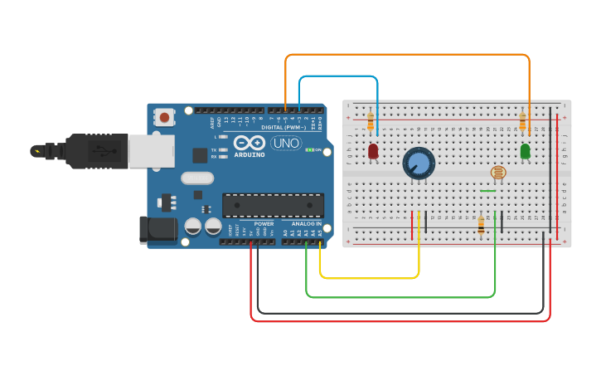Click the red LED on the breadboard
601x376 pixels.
[373, 151]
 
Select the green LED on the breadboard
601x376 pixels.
[525, 151]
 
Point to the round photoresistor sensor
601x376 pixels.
[497, 173]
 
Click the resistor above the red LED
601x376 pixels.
[370, 123]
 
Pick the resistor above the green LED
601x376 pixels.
[522, 123]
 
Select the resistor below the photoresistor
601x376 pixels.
[481, 224]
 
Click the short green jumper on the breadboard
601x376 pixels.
[488, 191]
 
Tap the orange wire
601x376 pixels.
[406, 55]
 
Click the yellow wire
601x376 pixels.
[369, 277]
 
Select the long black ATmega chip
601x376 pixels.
[273, 205]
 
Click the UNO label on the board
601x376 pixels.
[286, 143]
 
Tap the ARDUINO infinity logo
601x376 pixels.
[249, 143]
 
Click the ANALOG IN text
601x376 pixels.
[306, 223]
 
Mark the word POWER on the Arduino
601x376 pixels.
[264, 223]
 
